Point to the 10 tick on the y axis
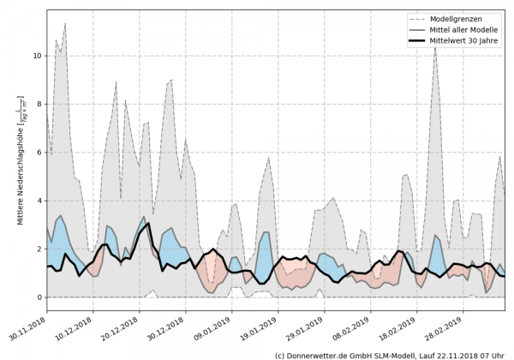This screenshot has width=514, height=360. tap(37, 56)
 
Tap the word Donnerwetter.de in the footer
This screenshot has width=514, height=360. tap(326, 354)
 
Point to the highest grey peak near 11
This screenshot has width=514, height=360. tap(65, 24)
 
